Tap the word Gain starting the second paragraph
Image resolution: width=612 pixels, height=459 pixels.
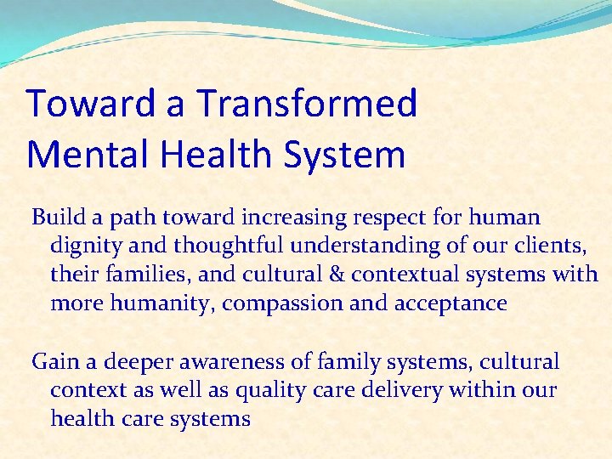[x=54, y=362]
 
